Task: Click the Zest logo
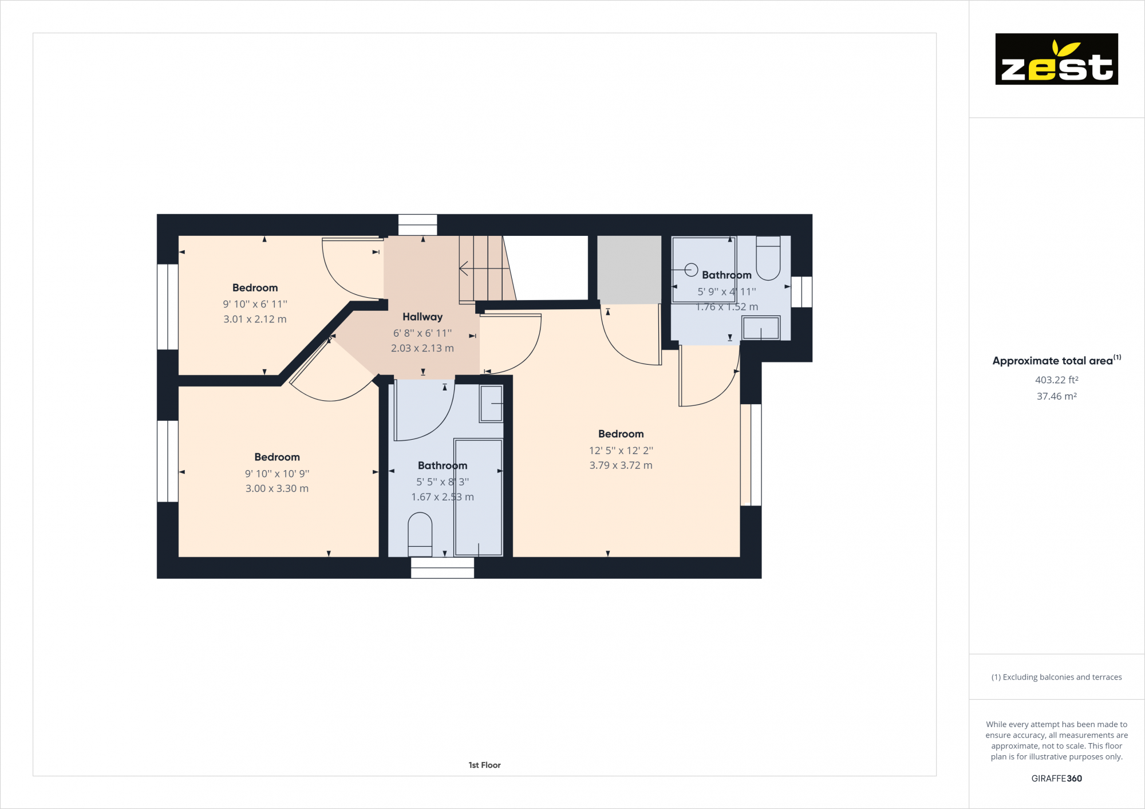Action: point(1056,59)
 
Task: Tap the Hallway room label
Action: point(423,317)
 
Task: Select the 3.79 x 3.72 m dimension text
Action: point(621,465)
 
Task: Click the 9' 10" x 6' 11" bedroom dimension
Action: point(255,304)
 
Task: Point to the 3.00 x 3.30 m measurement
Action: point(277,488)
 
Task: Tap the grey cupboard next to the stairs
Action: point(629,269)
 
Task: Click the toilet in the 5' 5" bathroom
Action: point(420,534)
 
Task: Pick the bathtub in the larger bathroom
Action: point(479,497)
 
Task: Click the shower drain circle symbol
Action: point(691,269)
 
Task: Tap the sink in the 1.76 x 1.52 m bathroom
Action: point(760,329)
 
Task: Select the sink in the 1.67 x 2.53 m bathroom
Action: point(491,403)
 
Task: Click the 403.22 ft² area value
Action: point(1056,380)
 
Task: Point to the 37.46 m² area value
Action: point(1056,396)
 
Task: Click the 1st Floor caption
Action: point(484,765)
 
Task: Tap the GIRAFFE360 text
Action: point(1056,778)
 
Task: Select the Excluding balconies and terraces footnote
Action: point(1056,677)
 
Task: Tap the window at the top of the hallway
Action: point(417,224)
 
